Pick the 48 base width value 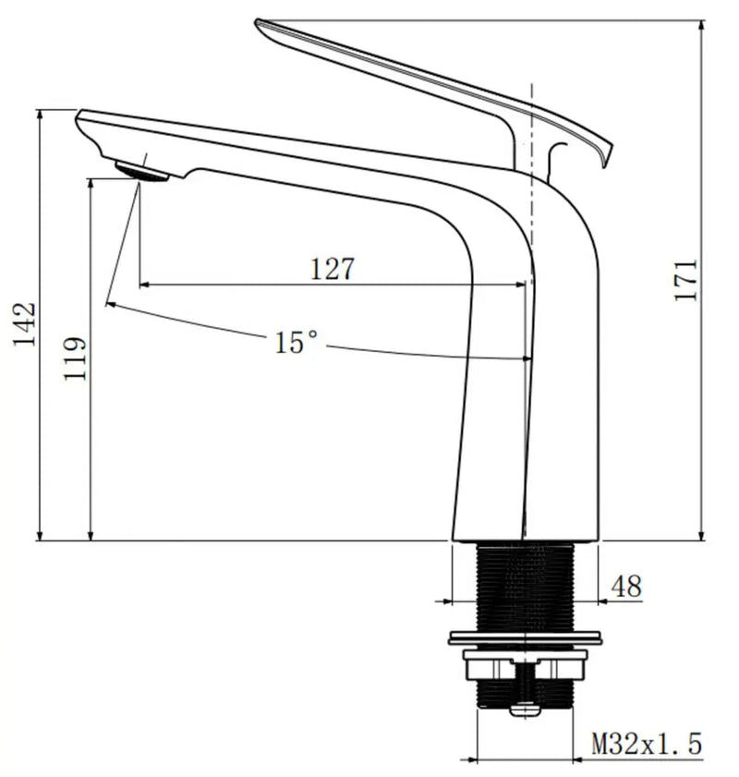coord(625,586)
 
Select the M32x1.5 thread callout coord(647,742)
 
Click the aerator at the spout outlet coord(141,171)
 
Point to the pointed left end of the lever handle coord(260,22)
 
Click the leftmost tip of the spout coord(79,115)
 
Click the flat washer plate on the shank coord(525,637)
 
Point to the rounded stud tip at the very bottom coord(525,710)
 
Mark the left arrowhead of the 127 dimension coord(145,285)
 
